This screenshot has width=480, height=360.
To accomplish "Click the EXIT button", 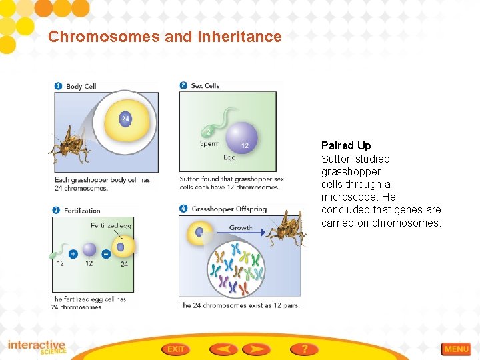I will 175,349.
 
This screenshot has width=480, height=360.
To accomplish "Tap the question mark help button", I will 304,349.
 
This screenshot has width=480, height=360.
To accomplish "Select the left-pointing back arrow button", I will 223,349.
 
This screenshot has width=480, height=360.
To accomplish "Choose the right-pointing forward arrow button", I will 256,349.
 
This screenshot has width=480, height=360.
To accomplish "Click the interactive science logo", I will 37,347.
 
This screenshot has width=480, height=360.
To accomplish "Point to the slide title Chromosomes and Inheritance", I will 165,37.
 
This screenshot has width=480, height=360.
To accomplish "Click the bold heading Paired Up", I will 346,145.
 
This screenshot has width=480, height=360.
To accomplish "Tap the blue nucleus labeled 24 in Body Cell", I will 125,119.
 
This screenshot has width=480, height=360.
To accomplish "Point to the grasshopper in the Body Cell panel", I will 69,144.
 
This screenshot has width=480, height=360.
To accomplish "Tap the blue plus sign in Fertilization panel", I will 73,253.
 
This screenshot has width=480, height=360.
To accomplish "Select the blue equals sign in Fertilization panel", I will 105,253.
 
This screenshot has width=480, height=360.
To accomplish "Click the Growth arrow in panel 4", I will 240,233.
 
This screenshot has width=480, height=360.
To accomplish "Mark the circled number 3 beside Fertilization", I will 57,210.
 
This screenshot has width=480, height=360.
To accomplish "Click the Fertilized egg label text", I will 111,225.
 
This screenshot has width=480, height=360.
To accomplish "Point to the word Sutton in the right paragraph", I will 337,159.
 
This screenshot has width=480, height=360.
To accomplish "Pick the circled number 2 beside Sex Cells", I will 183,85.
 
